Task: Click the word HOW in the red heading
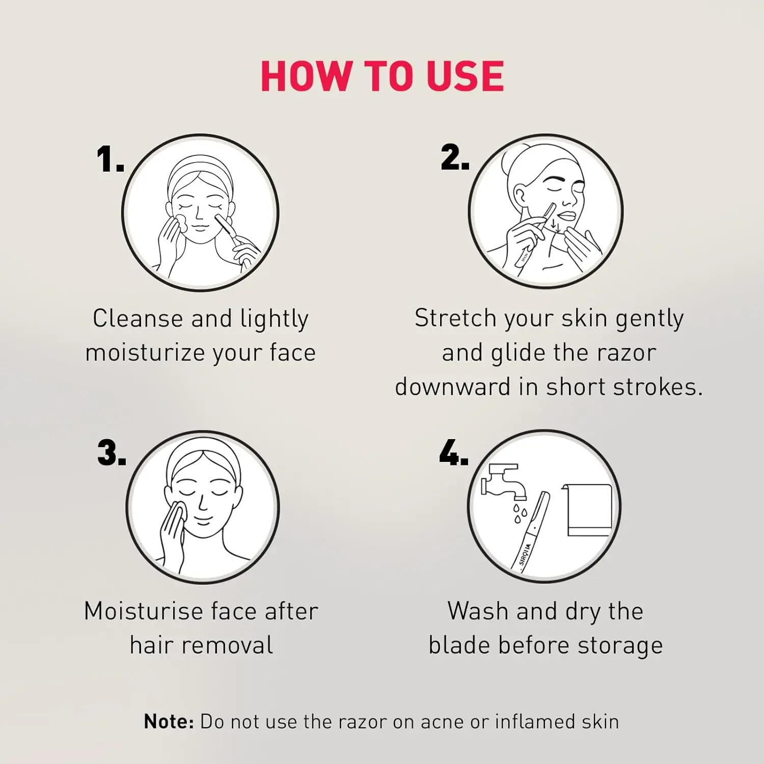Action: coord(306,76)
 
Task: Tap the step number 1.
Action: coord(110,159)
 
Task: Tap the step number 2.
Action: coord(454,157)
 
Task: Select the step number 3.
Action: coord(111,453)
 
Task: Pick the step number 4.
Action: coord(453,453)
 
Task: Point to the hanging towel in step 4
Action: coord(588,510)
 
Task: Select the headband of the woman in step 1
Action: coord(200,176)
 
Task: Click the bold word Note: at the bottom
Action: coord(169,722)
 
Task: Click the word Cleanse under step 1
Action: coord(138,319)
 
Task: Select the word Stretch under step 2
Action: coord(455,318)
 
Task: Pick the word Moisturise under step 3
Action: coord(144,611)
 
